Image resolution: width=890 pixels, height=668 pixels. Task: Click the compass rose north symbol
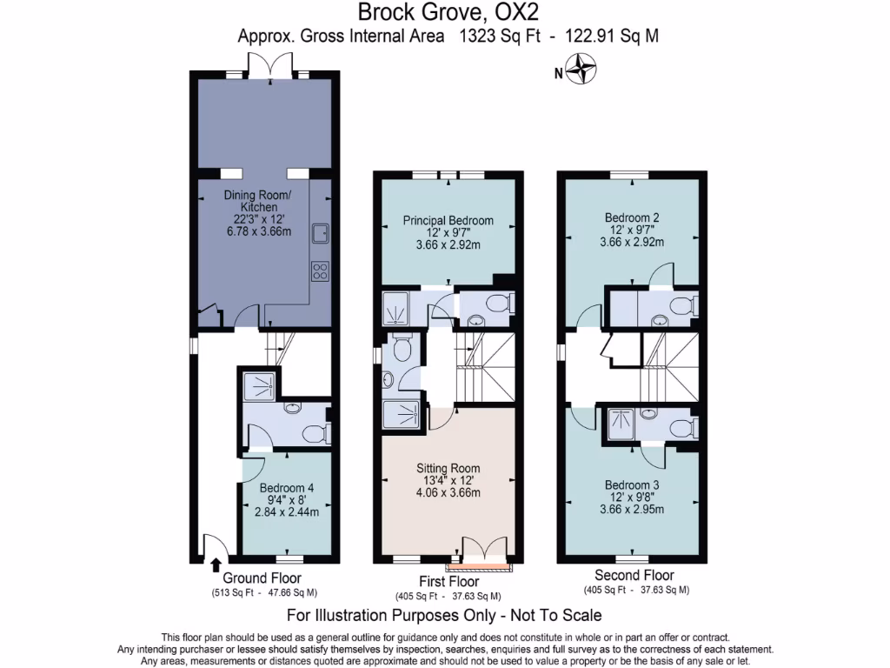(581, 70)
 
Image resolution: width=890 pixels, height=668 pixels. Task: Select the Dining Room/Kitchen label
(252, 201)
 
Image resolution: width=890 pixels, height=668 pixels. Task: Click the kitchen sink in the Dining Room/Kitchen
(320, 232)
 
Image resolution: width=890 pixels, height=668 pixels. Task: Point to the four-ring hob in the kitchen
(320, 271)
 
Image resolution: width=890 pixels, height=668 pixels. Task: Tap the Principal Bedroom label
(448, 220)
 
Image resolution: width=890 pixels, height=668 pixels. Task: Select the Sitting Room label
(448, 467)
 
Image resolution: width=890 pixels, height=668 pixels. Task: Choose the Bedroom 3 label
(632, 484)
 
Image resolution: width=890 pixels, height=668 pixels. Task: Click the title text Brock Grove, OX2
(444, 13)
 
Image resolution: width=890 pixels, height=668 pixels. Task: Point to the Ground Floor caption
(262, 578)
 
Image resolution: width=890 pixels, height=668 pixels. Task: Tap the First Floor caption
(448, 581)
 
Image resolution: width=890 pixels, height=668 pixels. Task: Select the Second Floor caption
(634, 575)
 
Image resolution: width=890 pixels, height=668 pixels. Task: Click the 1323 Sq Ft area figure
(495, 37)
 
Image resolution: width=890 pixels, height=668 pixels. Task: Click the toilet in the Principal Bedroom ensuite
(497, 304)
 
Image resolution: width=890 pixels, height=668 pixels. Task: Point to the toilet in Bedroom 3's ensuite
(679, 429)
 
